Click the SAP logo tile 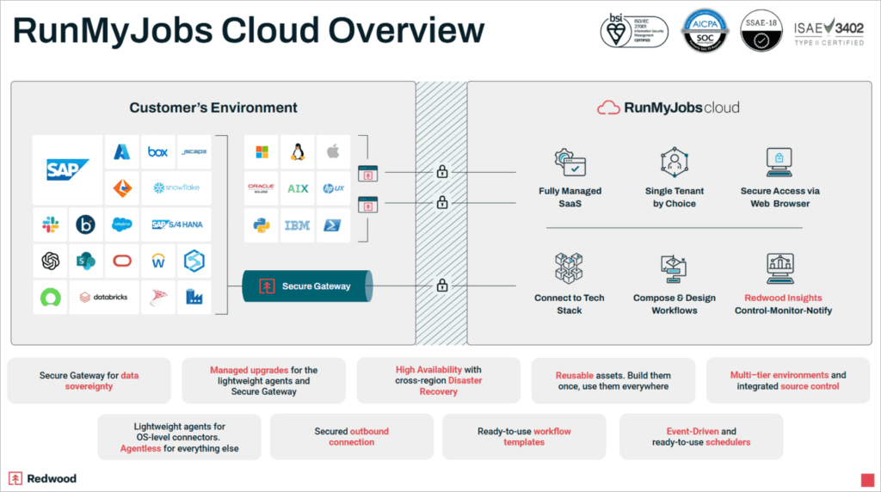click(x=68, y=169)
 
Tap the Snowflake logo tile click(x=176, y=188)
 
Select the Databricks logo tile click(x=103, y=297)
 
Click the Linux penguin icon click(x=298, y=152)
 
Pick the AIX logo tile click(x=298, y=188)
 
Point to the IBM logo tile click(x=298, y=225)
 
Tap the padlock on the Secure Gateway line click(x=442, y=286)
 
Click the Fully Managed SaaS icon click(x=570, y=162)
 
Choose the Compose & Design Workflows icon click(x=674, y=269)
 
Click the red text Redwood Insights click(x=783, y=298)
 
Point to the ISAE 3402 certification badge click(x=829, y=32)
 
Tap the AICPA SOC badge click(x=705, y=31)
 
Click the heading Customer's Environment click(x=213, y=108)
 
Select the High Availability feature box click(x=438, y=380)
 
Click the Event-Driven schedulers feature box click(x=700, y=437)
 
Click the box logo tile click(x=157, y=152)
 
